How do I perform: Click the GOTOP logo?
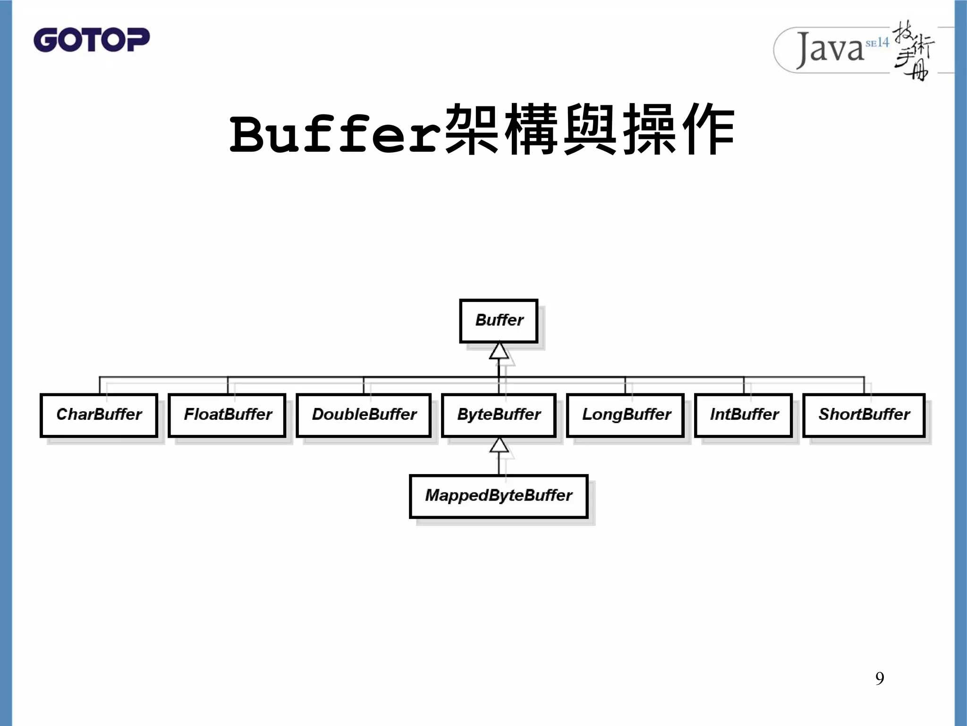pyautogui.click(x=91, y=40)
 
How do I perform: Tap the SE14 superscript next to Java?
pyautogui.click(x=877, y=43)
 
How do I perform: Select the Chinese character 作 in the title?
pyautogui.click(x=708, y=130)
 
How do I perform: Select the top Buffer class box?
pyautogui.click(x=499, y=320)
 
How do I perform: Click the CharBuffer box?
pyautogui.click(x=99, y=415)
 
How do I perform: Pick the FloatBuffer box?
pyautogui.click(x=227, y=415)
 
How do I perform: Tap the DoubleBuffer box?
pyautogui.click(x=364, y=415)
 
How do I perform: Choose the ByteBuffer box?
pyautogui.click(x=499, y=415)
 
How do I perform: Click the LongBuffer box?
pyautogui.click(x=626, y=415)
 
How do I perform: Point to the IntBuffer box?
pyautogui.click(x=744, y=415)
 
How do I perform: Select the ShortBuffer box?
pyautogui.click(x=864, y=415)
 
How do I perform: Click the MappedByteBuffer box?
pyautogui.click(x=499, y=496)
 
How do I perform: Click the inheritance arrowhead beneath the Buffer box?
pyautogui.click(x=499, y=352)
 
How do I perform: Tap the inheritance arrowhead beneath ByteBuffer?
pyautogui.click(x=499, y=446)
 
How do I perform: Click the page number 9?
pyautogui.click(x=879, y=678)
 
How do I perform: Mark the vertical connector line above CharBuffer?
pyautogui.click(x=100, y=386)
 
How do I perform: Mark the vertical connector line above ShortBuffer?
pyautogui.click(x=864, y=386)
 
